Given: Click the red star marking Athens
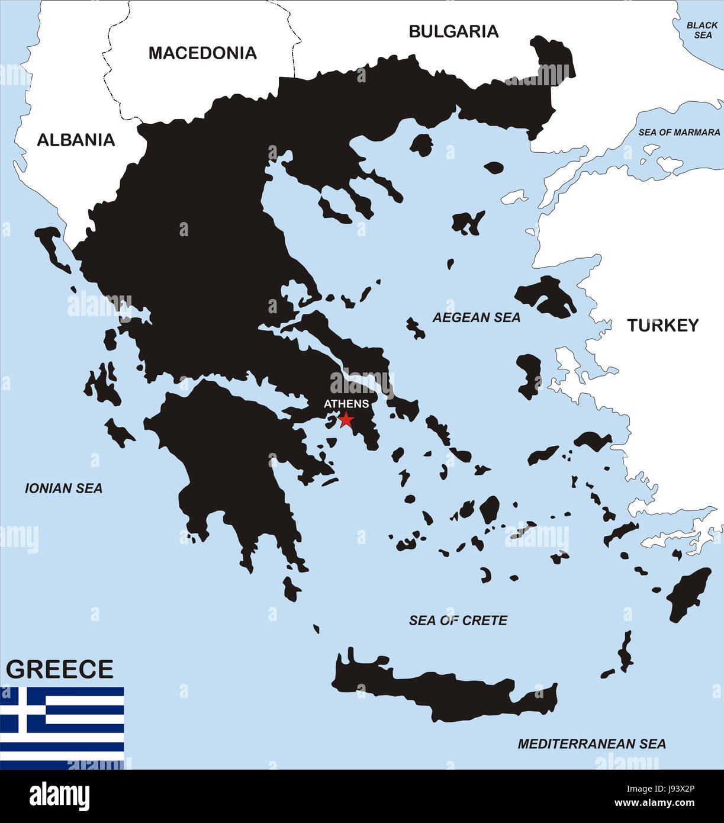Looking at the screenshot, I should [346, 420].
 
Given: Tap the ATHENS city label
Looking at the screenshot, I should [346, 404].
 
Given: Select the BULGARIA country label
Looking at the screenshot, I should [453, 31].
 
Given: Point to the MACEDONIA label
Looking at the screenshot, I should [202, 53].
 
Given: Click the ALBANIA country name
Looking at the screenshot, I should [76, 140].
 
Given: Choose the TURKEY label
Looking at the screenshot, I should [663, 325].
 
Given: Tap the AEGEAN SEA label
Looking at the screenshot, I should [477, 318].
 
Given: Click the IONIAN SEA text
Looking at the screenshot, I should [63, 488].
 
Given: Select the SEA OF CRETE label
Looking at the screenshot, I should [458, 621].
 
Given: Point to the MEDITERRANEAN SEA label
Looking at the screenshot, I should [591, 744].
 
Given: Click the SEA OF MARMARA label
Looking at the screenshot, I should [679, 133].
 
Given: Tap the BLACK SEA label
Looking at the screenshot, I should [703, 30].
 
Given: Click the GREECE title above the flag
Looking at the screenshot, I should [60, 669].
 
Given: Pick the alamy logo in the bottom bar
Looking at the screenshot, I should [60, 796].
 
